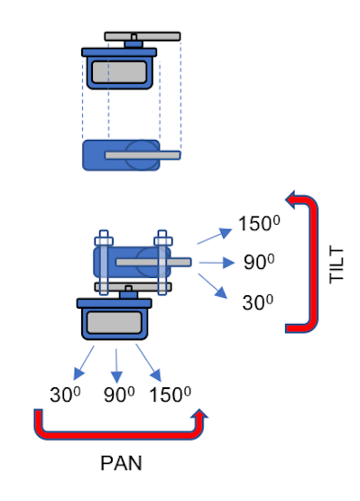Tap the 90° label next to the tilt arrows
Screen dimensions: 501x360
259,263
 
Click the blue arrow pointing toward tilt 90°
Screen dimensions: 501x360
217,263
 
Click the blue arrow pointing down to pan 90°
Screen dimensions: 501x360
117,363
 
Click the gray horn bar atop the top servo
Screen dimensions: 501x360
143,37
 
